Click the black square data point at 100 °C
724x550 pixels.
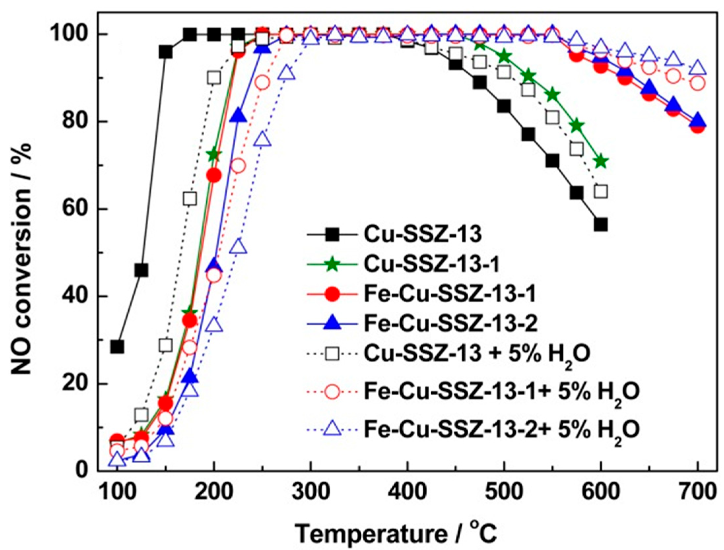click(x=117, y=347)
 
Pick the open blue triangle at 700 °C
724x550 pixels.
click(x=698, y=68)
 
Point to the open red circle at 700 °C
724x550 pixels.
click(x=698, y=83)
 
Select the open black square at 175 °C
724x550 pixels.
click(x=189, y=199)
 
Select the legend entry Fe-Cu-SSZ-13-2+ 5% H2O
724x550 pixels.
click(x=502, y=430)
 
